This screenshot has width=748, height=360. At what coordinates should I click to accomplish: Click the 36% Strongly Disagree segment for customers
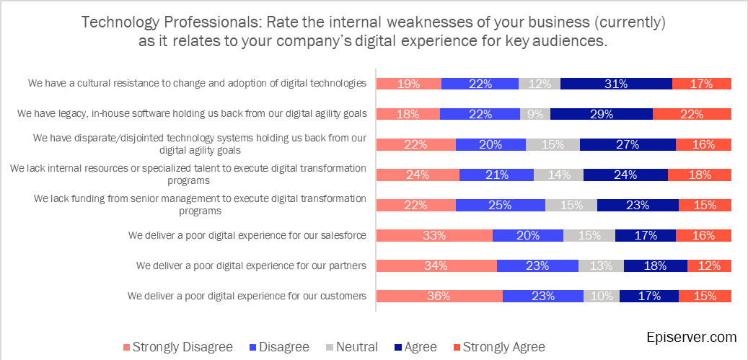439,296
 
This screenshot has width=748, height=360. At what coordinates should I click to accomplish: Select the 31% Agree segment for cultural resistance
615,84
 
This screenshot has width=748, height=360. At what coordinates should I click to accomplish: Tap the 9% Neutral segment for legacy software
534,114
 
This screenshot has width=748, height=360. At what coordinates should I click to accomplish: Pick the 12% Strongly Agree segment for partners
709,265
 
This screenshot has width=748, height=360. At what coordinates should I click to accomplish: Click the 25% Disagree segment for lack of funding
500,205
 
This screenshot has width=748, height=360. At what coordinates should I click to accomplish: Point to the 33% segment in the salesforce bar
434,235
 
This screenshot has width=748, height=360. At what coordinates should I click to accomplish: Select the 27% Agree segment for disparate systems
627,144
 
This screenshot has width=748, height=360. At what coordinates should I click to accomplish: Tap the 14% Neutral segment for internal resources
558,175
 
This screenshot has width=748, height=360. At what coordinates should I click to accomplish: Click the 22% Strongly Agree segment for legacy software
691,114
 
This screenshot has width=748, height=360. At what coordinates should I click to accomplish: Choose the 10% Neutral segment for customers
601,296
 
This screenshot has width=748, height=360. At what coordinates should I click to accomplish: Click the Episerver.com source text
692,337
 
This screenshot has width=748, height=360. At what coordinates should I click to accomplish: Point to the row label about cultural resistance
197,83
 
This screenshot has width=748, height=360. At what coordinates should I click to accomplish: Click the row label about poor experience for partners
251,265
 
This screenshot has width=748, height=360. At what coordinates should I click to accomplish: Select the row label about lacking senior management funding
200,205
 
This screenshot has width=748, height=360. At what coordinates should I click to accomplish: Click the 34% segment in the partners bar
436,265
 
